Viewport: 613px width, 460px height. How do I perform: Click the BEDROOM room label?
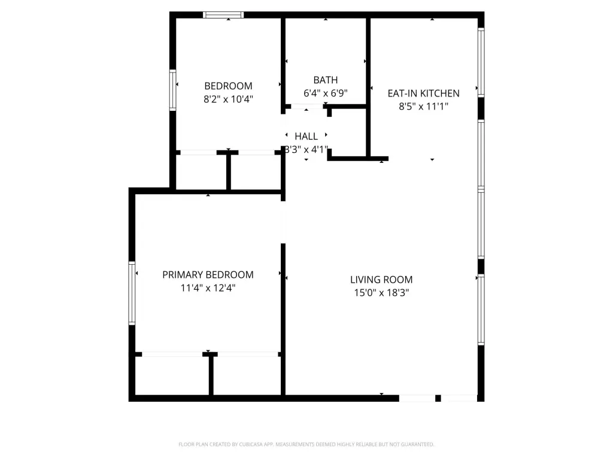(x=228, y=86)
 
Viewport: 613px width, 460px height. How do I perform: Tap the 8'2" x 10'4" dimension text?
(x=228, y=99)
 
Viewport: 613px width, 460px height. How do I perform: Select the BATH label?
(x=326, y=80)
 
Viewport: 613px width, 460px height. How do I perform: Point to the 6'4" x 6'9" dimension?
(x=326, y=93)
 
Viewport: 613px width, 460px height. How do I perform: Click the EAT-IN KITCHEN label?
(x=423, y=93)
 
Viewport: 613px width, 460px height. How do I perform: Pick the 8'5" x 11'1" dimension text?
(x=423, y=107)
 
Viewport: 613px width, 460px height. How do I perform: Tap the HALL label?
(x=306, y=136)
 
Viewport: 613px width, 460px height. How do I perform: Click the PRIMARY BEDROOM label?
(x=208, y=274)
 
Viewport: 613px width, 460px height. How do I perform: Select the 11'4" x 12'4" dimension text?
(x=208, y=288)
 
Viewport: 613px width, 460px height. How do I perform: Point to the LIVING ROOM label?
(x=381, y=279)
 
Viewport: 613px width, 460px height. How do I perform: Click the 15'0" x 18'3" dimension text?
(x=381, y=292)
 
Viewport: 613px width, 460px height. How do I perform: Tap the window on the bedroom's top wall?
(x=223, y=15)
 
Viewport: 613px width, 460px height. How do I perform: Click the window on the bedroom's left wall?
(x=172, y=90)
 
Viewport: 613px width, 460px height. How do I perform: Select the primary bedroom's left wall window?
(x=132, y=293)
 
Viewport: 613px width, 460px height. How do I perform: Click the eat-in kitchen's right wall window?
(x=481, y=62)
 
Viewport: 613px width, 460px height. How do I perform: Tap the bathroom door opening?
(x=307, y=107)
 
